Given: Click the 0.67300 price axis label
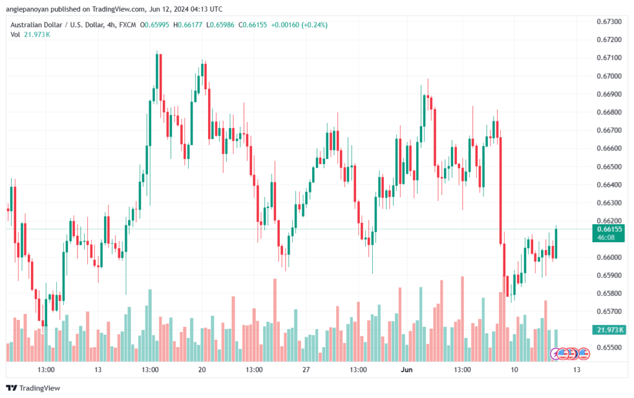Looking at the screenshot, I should [x=609, y=22].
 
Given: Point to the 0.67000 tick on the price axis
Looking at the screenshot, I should [x=609, y=76].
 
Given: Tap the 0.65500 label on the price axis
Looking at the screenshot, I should [x=609, y=347].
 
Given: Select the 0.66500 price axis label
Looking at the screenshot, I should [x=609, y=167].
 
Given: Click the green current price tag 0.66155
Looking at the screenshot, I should [x=609, y=228].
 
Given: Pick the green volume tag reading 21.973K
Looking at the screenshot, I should [x=609, y=330].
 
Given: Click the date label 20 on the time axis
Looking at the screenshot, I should [x=202, y=370].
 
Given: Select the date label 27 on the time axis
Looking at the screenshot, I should [x=306, y=370].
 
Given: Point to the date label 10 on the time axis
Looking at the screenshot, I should [x=514, y=370].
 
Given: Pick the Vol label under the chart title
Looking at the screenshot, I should [x=15, y=35].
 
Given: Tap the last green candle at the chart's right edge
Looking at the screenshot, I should [x=557, y=243].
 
